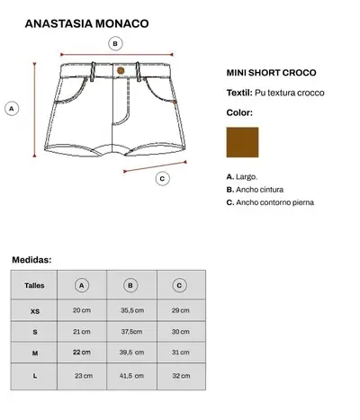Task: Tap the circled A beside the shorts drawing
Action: (12, 109)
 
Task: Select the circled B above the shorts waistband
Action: (115, 43)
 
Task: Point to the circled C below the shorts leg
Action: (162, 178)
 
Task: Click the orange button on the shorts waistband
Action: (121, 69)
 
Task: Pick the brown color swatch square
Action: (241, 142)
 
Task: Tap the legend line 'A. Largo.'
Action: (242, 177)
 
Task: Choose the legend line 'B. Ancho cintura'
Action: (256, 190)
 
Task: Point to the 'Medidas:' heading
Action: (31, 260)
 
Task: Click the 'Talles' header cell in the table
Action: (34, 286)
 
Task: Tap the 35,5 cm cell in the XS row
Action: (132, 310)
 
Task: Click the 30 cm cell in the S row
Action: (180, 332)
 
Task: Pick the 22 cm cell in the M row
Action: (82, 353)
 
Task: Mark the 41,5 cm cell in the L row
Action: (132, 375)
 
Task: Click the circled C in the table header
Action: (180, 286)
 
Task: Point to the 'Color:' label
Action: (239, 113)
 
